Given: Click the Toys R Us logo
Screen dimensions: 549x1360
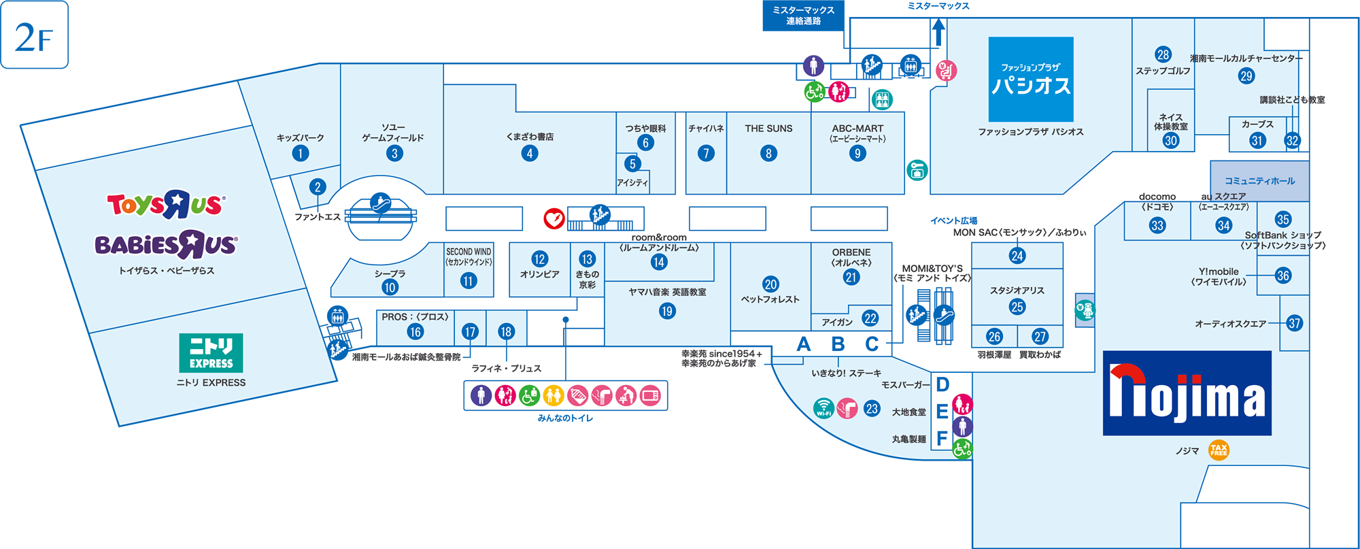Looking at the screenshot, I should [165, 204].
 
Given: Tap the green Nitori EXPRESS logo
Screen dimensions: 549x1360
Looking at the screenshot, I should [211, 352].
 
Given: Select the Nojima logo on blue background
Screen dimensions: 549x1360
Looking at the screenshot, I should [1187, 393].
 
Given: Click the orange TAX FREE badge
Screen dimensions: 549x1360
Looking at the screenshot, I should [1219, 450].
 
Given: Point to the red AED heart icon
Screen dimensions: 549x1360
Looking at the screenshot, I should [554, 218].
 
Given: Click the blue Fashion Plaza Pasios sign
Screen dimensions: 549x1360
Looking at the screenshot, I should [1030, 79].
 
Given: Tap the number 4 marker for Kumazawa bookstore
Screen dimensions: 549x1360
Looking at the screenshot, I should [530, 153].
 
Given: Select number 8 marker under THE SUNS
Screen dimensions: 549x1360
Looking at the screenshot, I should [768, 153].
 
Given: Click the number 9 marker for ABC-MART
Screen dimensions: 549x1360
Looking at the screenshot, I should [857, 153].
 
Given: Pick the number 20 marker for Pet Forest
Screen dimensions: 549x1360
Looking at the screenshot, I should [770, 284].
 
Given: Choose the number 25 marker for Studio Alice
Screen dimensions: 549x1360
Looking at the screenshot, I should [1017, 307].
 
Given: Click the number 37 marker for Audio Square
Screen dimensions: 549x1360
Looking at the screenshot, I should [1295, 323].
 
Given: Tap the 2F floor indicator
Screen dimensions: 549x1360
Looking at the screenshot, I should [34, 35].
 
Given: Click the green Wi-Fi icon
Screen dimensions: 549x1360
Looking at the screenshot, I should [823, 408].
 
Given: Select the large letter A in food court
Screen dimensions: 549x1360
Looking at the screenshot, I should [804, 344].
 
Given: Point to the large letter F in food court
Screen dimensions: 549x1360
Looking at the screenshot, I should [942, 439].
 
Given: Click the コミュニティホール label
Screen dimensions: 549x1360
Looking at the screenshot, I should [1259, 181].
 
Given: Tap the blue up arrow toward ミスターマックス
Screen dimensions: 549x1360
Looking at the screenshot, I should [938, 32].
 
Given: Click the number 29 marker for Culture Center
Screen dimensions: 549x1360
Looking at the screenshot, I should [1246, 76].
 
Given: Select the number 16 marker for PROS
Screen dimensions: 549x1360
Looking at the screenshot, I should [415, 331].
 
